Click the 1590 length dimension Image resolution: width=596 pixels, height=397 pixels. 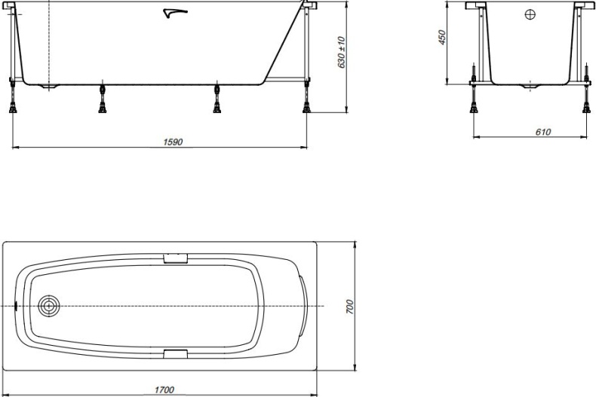coord(174,141)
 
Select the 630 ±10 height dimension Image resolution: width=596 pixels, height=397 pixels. coord(342,53)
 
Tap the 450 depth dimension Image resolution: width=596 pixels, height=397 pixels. coord(443,38)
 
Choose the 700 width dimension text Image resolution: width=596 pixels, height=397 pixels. coord(350,306)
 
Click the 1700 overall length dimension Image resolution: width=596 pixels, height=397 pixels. coord(164,389)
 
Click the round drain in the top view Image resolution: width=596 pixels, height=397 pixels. coord(50,306)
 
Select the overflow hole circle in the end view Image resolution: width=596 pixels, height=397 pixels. coord(530,14)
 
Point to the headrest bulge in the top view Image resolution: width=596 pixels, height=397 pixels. coord(303,306)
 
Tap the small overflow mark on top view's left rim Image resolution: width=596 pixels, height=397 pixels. coord(17,307)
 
